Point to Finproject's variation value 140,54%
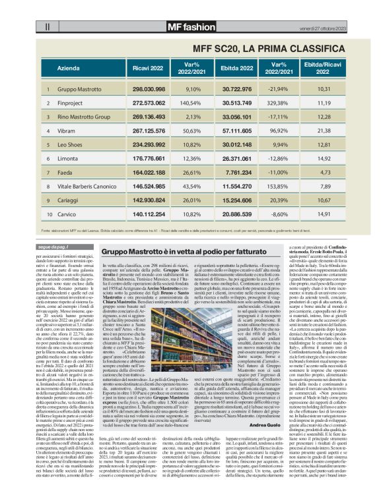[x=190, y=103]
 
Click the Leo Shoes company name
[x=70, y=145]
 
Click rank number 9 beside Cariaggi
[x=48, y=202]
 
